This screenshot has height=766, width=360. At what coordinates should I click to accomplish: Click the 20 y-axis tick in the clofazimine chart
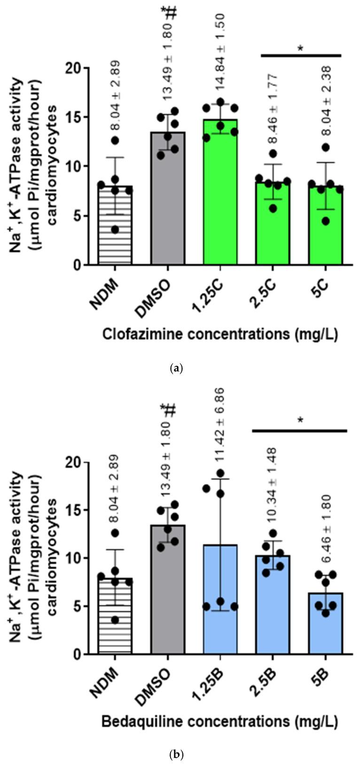coord(74,68)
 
